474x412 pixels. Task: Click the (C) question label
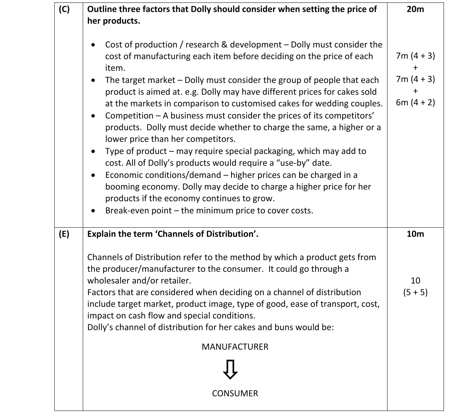64,9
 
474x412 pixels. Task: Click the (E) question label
64,234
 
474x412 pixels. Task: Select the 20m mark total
415,9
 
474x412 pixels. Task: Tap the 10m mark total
415,234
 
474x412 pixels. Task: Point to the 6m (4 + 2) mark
415,102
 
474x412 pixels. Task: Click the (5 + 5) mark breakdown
415,292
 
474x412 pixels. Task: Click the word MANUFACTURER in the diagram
235,347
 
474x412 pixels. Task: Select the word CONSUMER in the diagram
235,393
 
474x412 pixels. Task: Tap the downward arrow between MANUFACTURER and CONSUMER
230,369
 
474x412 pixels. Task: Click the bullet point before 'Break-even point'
93,211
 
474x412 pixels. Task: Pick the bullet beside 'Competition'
93,116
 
